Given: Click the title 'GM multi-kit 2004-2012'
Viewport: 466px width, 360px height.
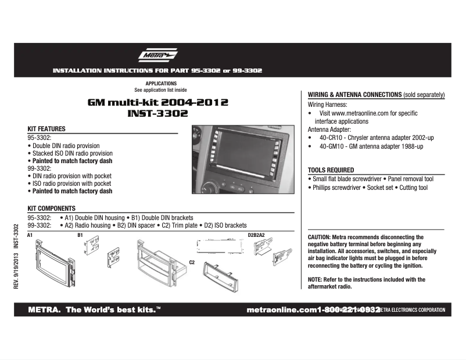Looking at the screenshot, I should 157,102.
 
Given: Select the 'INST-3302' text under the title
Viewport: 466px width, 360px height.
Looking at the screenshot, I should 157,114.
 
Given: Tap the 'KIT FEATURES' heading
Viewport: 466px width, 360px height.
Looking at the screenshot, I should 46,129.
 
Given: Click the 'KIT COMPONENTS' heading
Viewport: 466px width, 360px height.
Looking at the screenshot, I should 51,208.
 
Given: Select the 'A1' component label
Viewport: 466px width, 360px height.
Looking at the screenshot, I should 30,235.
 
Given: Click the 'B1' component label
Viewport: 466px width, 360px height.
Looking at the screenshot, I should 80,235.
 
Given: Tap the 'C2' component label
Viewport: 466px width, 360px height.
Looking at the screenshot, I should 192,262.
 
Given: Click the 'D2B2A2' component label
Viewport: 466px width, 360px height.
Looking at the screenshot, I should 256,235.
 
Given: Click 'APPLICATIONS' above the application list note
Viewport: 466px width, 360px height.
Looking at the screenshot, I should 161,84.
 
